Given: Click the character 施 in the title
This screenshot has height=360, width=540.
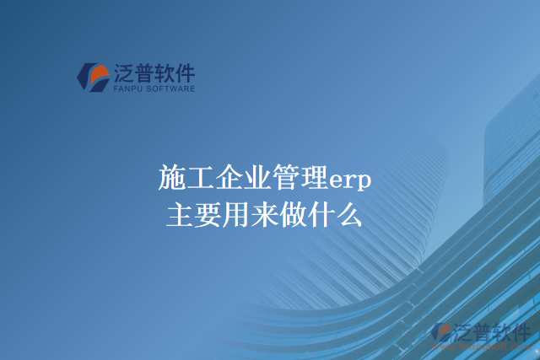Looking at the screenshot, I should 172,179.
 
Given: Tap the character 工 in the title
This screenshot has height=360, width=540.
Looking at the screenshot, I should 200,179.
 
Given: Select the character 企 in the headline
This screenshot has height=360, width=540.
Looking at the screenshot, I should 229,179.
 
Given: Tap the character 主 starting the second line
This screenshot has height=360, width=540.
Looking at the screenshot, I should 181,215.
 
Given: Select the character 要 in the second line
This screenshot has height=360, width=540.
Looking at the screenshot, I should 208,215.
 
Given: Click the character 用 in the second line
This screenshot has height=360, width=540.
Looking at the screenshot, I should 236,215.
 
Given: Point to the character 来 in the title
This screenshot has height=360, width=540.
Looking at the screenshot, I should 265,215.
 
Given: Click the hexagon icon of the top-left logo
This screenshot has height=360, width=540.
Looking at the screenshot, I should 92,77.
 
